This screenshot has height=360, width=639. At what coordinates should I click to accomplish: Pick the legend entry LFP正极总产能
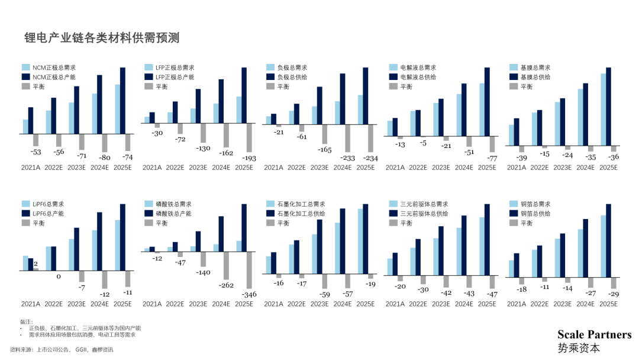click(175, 77)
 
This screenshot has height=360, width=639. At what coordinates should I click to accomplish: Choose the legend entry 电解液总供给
click(418, 77)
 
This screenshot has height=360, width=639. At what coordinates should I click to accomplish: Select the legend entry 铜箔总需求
click(535, 204)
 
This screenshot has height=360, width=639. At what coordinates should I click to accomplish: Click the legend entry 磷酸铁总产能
click(175, 214)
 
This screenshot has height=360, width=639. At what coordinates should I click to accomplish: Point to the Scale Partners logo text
click(594, 335)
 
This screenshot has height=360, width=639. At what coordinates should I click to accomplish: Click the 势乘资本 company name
click(579, 348)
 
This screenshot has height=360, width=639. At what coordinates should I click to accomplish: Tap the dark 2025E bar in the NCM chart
click(122, 101)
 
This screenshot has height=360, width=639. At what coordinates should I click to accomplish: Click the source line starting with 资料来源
click(62, 349)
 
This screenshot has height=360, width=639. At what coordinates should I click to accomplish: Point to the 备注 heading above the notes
click(27, 322)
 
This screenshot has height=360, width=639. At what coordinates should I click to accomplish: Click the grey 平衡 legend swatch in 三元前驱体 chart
click(392, 223)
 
